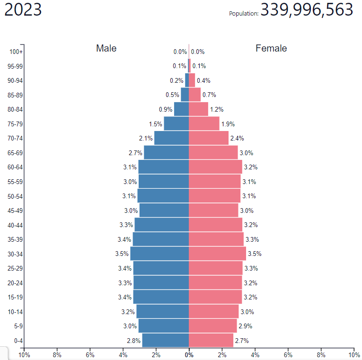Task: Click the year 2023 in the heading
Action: coord(23,10)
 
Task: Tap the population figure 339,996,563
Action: coord(307,10)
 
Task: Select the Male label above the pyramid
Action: coord(106,48)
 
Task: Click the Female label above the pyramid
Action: coord(271,48)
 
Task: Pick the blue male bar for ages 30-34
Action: coord(159,254)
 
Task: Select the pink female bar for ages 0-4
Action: coord(211,340)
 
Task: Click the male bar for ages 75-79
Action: coord(176,123)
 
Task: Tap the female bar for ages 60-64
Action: coord(215,167)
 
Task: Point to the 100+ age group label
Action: coord(16,52)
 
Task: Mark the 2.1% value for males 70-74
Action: coord(146,138)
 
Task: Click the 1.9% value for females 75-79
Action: coord(228,124)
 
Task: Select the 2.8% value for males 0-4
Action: coord(134,341)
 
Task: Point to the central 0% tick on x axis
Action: coord(189,354)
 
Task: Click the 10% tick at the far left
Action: coord(24,354)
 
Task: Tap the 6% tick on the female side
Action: coord(288,354)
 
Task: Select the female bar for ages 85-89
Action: coord(194,95)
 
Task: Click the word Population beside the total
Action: coord(244,13)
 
